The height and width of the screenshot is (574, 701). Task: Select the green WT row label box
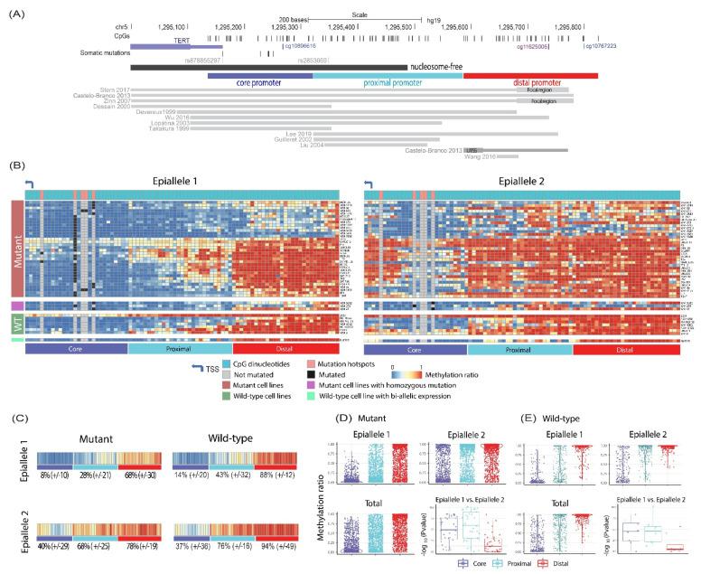(x=17, y=320)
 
